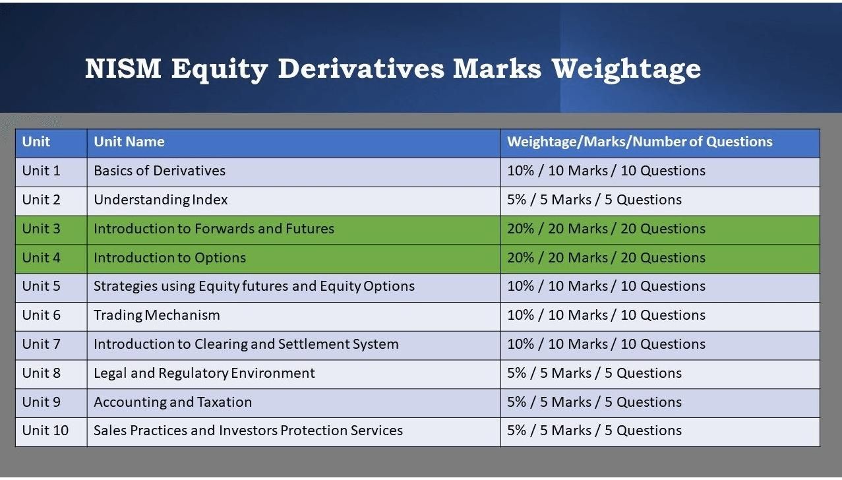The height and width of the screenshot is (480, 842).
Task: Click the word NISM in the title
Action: tap(123, 69)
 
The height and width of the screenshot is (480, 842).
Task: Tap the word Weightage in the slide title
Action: tap(626, 70)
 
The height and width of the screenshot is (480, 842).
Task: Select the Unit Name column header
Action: tap(129, 142)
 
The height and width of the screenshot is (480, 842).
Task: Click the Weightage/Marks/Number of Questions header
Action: tap(640, 142)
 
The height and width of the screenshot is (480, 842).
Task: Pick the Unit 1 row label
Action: tap(41, 171)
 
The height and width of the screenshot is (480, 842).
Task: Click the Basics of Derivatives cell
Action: tap(160, 171)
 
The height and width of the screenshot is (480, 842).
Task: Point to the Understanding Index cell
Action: tap(160, 200)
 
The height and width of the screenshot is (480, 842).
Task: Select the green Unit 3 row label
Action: tap(41, 229)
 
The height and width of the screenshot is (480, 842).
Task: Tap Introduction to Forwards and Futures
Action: tap(214, 229)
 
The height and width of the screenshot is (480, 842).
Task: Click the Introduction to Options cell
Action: tap(169, 258)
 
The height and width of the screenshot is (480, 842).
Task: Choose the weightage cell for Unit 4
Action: tap(606, 258)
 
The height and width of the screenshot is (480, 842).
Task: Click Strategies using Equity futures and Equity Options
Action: tap(254, 286)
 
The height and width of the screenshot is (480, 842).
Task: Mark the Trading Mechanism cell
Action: tap(157, 315)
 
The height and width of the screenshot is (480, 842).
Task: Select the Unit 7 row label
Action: tap(41, 344)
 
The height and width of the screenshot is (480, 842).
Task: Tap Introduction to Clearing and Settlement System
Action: tap(246, 344)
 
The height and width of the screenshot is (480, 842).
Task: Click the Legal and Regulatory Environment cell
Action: tap(204, 373)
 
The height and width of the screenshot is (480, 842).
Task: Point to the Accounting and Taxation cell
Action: tap(173, 402)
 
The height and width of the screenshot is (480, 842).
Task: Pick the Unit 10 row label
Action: tap(45, 431)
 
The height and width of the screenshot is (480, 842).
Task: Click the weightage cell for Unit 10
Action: tap(594, 431)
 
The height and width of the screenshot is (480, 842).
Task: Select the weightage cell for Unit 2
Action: tap(594, 200)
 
